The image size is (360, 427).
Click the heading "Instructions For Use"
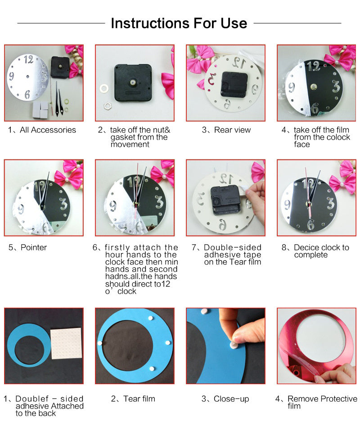pos(179,23)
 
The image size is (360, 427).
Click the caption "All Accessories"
pos(48,130)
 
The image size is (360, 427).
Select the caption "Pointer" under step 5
pos(33,247)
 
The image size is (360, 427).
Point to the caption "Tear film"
pos(139,399)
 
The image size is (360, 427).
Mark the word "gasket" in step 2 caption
pos(122,137)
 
